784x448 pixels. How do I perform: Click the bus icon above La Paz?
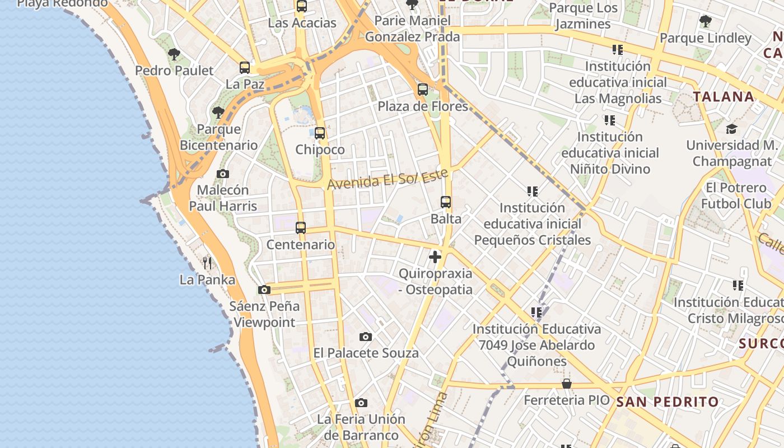tap(245, 68)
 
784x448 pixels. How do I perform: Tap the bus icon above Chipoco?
tap(320, 133)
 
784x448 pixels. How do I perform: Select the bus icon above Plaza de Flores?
tap(423, 90)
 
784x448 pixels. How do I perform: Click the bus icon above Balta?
tap(446, 202)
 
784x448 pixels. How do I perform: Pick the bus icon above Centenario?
tap(301, 228)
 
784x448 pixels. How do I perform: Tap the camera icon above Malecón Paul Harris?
tap(223, 174)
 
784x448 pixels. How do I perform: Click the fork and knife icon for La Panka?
tap(207, 263)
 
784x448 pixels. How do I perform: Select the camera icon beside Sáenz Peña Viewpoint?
tap(264, 290)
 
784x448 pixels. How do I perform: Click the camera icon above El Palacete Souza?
tap(366, 337)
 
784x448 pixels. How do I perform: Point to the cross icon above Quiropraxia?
tap(435, 257)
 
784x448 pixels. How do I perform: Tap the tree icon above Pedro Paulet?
tap(174, 54)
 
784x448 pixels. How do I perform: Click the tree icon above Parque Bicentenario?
tap(218, 113)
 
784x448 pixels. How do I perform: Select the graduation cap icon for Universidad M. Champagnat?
tap(731, 129)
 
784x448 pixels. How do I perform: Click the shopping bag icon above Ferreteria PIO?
tap(567, 384)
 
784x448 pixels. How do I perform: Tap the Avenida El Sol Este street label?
tap(388, 179)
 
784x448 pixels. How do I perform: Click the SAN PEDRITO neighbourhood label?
tap(668, 402)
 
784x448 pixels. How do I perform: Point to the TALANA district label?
tap(724, 96)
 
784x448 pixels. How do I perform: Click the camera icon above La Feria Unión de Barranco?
tap(361, 403)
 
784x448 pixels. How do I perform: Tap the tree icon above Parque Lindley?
tap(706, 22)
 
